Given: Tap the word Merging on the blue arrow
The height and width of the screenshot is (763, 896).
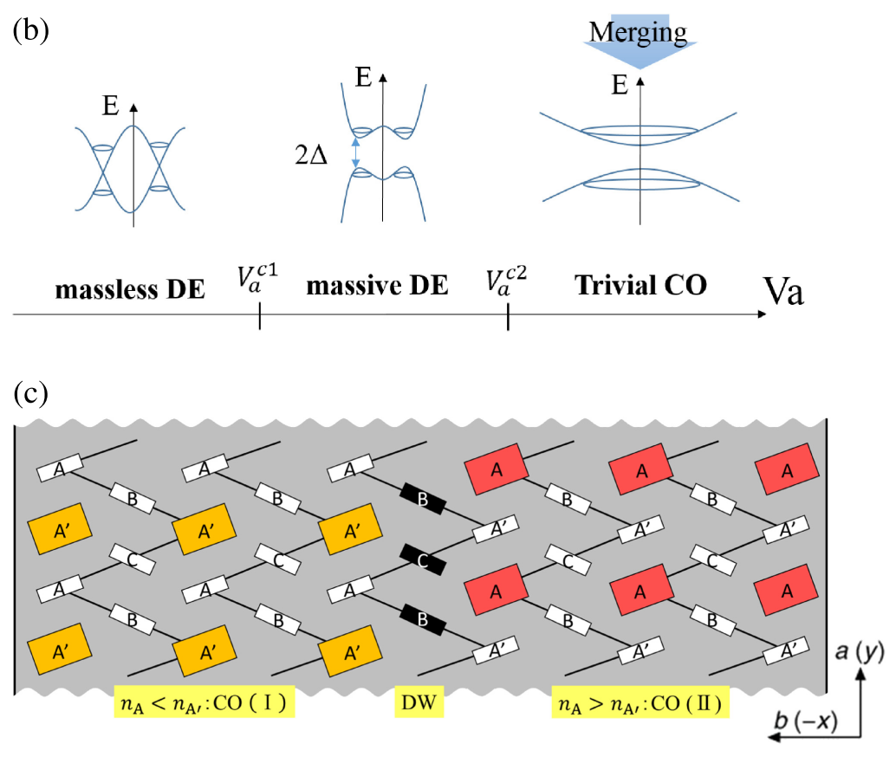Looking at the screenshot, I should point(637,32).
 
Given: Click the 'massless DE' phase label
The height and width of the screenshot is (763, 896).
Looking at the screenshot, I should point(130,289).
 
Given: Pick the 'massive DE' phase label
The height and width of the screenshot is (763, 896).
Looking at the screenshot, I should point(378,287).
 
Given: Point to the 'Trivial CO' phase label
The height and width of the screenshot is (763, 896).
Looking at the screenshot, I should point(640,287).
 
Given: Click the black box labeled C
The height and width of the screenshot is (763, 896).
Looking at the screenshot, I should point(422,560).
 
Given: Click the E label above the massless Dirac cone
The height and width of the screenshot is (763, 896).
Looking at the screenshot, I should point(110,107).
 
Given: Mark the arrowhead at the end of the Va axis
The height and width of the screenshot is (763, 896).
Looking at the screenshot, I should point(761,313).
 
